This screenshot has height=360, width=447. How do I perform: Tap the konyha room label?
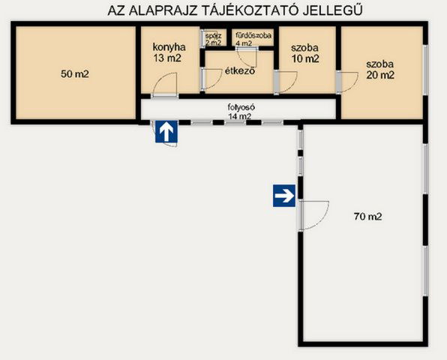point(163,43)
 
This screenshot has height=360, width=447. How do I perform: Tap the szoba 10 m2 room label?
point(306,52)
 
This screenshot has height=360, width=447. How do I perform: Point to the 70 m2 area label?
point(367,217)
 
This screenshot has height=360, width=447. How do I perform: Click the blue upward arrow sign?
point(166,132)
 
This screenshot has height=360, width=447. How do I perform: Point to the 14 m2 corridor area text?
point(240,116)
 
